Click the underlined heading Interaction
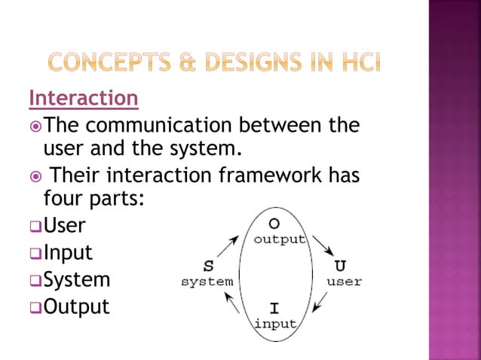tap(84, 98)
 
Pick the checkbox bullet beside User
tap(35, 227)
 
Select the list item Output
tap(76, 307)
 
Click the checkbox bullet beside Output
tap(35, 308)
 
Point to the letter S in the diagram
tap(208, 267)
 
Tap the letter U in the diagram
tap(341, 267)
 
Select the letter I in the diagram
tap(274, 309)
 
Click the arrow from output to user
tap(323, 246)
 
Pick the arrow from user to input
tap(320, 301)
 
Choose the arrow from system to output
tap(230, 246)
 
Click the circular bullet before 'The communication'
tap(35, 124)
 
